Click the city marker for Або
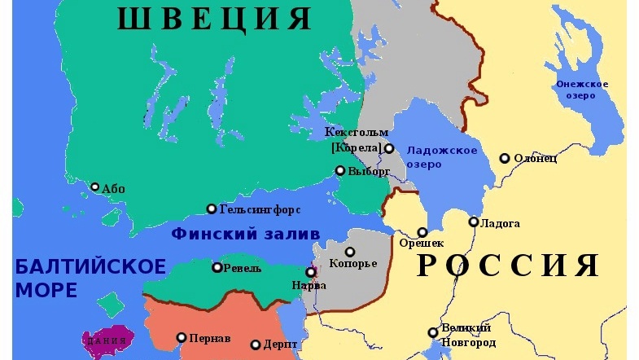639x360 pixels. pyautogui.click(x=94, y=187)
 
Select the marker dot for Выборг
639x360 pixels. pyautogui.click(x=340, y=171)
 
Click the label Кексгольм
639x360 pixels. pyautogui.click(x=357, y=132)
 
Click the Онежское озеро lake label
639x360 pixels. pyautogui.click(x=582, y=90)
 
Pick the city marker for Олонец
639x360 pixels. pyautogui.click(x=506, y=158)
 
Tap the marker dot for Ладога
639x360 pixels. pyautogui.click(x=474, y=222)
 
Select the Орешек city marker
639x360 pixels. pyautogui.click(x=422, y=232)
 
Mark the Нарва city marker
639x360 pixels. pyautogui.click(x=310, y=273)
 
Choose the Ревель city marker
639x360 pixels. pyautogui.click(x=217, y=267)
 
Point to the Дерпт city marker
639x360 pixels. pyautogui.click(x=256, y=345)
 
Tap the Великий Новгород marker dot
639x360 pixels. pyautogui.click(x=433, y=332)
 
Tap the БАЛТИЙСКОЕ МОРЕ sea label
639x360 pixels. pyautogui.click(x=90, y=278)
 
